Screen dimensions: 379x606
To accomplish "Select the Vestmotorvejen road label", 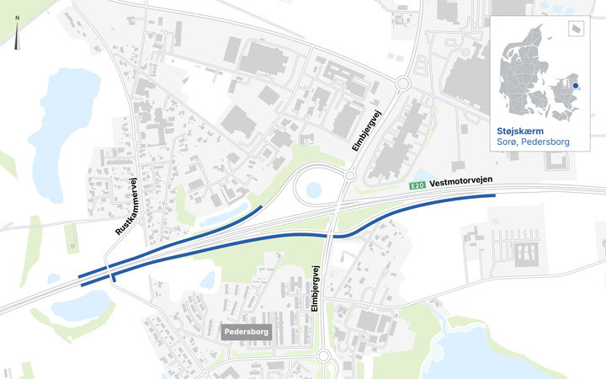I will click(460, 181).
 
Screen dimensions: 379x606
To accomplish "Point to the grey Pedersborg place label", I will click(246, 333).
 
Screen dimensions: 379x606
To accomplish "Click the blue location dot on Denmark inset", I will click(576, 84).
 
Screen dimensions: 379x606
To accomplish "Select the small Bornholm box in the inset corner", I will click(576, 29).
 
